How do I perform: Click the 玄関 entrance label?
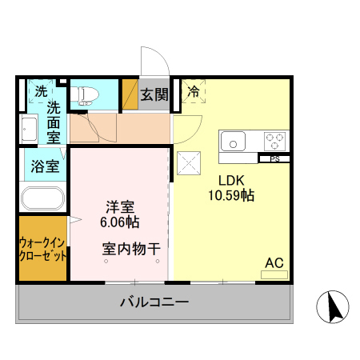point(154,94)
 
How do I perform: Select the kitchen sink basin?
point(234,142)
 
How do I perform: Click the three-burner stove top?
point(274,142)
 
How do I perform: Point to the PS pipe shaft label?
point(274,158)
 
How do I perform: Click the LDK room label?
point(231,179)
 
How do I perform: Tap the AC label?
point(274,262)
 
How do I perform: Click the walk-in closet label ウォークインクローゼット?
point(42,249)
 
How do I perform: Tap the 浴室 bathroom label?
point(44,167)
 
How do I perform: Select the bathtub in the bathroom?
point(43,198)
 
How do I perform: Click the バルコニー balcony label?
point(154,302)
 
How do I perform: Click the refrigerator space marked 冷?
point(193,93)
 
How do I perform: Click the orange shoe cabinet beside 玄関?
point(130,94)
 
